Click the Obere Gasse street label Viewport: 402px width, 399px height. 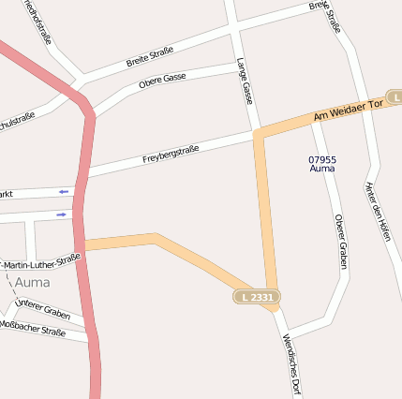click(163, 83)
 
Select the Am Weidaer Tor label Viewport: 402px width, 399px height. click(349, 110)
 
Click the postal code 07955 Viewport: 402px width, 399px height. click(322, 159)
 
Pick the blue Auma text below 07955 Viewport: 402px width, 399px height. click(322, 169)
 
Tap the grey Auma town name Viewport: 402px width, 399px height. click(33, 281)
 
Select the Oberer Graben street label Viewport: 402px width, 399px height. click(341, 242)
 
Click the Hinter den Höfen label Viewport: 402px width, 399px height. click(378, 211)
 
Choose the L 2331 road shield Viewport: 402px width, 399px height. click(257, 297)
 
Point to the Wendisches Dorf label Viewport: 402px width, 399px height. click(290, 364)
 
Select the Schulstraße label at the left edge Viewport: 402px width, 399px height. click(17, 120)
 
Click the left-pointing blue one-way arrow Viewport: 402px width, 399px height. click(63, 191)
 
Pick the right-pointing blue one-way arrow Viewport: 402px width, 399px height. click(63, 214)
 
